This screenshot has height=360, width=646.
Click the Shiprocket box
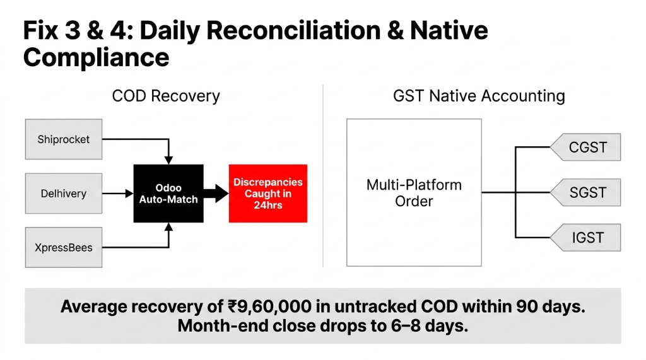point(63,139)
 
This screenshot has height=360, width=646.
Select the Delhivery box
point(63,194)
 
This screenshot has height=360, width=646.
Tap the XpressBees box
point(63,247)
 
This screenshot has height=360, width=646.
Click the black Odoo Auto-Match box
point(168,194)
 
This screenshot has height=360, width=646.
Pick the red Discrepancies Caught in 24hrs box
point(267,194)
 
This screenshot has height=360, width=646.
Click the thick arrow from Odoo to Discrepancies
point(216,194)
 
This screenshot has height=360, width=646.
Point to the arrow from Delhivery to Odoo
point(117,194)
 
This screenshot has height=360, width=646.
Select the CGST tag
point(586,148)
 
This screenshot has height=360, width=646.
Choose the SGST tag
point(586,192)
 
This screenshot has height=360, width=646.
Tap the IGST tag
point(586,237)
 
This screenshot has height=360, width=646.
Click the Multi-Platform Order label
point(414,193)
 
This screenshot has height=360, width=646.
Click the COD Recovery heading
point(166,96)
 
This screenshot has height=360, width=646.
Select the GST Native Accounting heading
point(479,96)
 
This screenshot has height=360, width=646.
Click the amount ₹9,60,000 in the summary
point(269,307)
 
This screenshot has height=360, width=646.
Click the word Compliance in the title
point(96,57)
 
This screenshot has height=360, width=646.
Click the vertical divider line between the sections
point(323,177)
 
